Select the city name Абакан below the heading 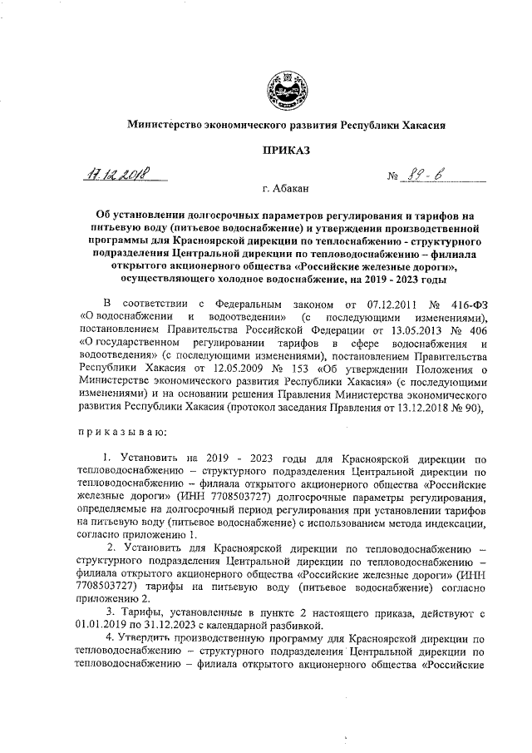(x=290, y=191)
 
